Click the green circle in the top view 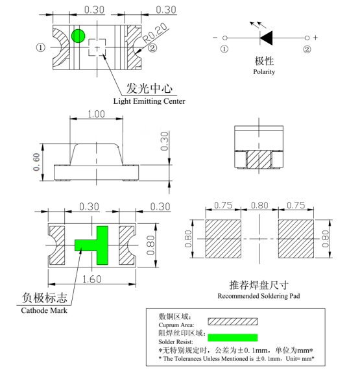point(78,36)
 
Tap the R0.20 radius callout point(156,33)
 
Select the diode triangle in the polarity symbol point(267,38)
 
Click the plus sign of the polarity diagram point(315,38)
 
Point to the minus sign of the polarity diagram point(215,38)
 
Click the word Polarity point(264,72)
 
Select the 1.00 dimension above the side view point(96,114)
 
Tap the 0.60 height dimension point(36,162)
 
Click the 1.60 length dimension point(91,279)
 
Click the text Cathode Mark point(44,310)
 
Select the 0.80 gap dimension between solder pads point(259,205)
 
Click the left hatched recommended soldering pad point(223,239)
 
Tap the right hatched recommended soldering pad point(296,239)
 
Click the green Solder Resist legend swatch point(232,338)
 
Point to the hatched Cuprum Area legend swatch point(232,321)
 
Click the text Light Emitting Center point(149,101)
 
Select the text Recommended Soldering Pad point(259,296)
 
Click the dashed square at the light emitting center point(97,47)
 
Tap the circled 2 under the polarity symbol point(307,49)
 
